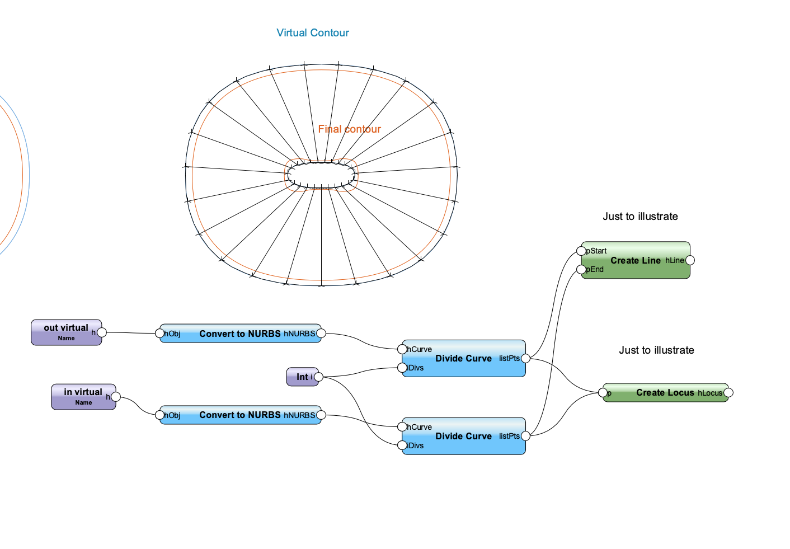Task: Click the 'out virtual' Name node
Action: (x=66, y=332)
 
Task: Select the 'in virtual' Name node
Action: (x=83, y=396)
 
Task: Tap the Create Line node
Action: (x=636, y=260)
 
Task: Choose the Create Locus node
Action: (x=665, y=393)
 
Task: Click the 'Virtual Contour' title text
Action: (x=313, y=33)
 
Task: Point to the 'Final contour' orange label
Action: (x=349, y=129)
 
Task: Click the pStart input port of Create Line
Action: (x=582, y=251)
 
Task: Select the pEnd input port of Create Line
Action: (x=582, y=270)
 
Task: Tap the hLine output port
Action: (x=690, y=260)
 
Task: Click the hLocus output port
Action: (x=728, y=393)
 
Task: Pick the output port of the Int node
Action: (x=318, y=377)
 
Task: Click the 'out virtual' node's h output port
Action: (x=102, y=332)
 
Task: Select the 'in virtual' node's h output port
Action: (x=115, y=397)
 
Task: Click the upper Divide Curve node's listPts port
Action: (x=525, y=358)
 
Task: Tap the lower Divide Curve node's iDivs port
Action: (x=402, y=445)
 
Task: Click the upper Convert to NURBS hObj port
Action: (x=160, y=334)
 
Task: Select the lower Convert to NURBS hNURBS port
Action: (x=321, y=415)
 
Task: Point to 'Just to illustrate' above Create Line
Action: (x=640, y=217)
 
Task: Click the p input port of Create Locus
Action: (x=603, y=393)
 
